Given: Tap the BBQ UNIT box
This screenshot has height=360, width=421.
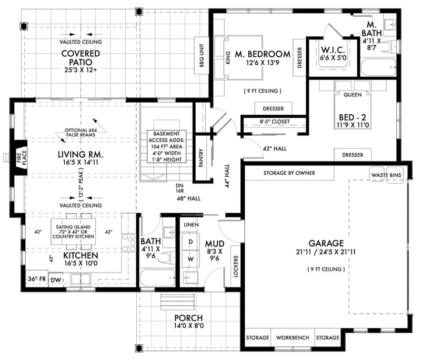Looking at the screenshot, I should (201, 53).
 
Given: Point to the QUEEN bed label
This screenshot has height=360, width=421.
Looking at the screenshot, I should (352, 96).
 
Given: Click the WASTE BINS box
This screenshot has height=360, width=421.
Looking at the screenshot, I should (386, 174).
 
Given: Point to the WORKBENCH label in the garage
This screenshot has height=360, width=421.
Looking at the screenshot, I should (292, 337).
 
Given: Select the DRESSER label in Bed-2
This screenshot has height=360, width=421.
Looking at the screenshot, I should (353, 155).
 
